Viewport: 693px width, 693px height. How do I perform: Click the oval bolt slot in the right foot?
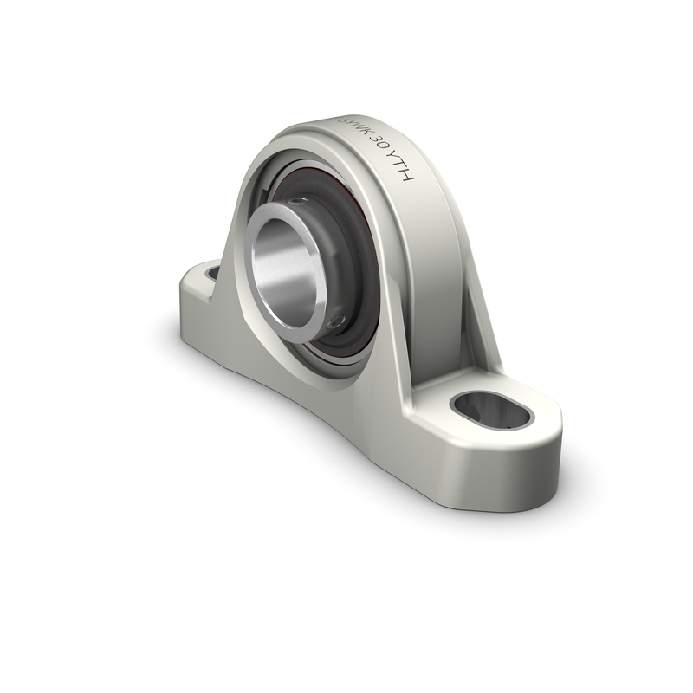[492, 409]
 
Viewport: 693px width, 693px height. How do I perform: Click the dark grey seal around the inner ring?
[355, 260]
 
